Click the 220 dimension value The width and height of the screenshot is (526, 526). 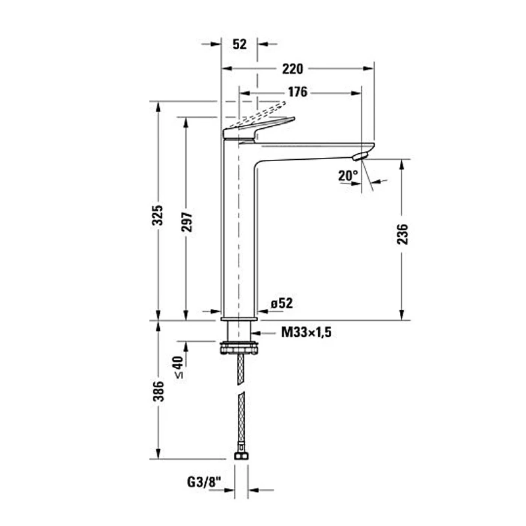(x=293, y=69)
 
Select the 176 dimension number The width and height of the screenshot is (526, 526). (x=298, y=92)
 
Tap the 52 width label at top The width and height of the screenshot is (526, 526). (x=239, y=44)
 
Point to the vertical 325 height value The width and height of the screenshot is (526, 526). (x=158, y=215)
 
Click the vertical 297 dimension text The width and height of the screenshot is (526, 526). (x=187, y=222)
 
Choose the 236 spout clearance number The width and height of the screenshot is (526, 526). (x=402, y=234)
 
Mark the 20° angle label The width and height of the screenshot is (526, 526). (x=348, y=175)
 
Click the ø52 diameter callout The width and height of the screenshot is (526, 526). (x=282, y=303)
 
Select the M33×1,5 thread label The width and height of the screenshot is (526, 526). (x=306, y=332)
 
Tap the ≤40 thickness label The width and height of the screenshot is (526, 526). (x=179, y=367)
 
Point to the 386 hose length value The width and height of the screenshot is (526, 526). (x=159, y=391)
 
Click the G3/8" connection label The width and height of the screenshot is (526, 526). (x=203, y=482)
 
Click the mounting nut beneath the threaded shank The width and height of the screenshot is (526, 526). (x=239, y=348)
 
